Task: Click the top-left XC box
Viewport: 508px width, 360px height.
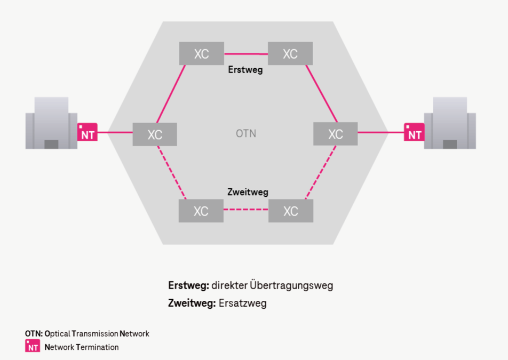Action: (x=201, y=54)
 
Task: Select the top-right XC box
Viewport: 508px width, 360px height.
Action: (x=290, y=54)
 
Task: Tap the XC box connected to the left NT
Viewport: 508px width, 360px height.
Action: (x=155, y=134)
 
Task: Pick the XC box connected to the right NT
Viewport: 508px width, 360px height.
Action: (x=335, y=133)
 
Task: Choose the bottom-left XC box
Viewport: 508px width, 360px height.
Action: (x=201, y=211)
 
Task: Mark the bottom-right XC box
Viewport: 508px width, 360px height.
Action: (x=290, y=211)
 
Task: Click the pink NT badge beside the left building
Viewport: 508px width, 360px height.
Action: (x=88, y=133)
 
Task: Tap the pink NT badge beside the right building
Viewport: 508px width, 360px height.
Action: (x=414, y=133)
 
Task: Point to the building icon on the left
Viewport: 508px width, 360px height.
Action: (x=51, y=123)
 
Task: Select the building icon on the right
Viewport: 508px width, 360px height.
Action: (x=450, y=123)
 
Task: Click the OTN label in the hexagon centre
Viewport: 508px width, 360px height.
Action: (x=246, y=133)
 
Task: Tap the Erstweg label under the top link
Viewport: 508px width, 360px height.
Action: (x=245, y=70)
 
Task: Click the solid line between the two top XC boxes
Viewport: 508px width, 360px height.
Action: (x=246, y=54)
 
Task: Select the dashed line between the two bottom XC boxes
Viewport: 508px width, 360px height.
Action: (x=246, y=209)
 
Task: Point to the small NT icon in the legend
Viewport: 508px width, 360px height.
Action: (x=33, y=347)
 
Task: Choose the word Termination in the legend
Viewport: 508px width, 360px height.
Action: (x=97, y=347)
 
